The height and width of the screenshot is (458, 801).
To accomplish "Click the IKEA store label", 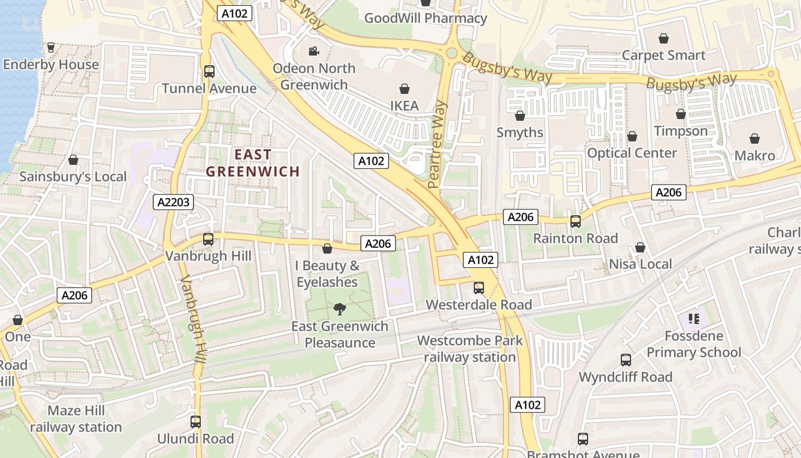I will tap(405, 105).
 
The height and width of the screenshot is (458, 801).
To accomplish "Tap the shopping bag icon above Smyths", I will tap(520, 116).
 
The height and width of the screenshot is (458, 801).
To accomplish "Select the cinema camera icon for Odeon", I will tap(314, 52).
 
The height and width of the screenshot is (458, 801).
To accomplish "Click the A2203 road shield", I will tap(173, 202).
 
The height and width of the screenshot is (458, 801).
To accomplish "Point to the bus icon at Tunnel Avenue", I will tap(209, 72).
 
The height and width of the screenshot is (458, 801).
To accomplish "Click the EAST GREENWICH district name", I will tap(253, 163).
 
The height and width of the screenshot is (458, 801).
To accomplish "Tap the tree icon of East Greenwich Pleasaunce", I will tap(340, 310).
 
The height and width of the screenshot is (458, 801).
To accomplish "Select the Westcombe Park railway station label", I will tap(470, 349).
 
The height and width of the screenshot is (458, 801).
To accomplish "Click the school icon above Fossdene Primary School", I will tap(694, 319).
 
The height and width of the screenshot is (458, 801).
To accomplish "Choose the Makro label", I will tap(755, 156).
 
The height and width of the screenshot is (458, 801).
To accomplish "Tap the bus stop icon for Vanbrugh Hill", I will tap(208, 239).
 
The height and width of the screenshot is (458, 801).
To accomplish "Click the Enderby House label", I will tap(51, 65).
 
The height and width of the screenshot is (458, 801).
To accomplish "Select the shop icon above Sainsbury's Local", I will tap(73, 160).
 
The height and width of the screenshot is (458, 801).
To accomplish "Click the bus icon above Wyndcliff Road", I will tap(626, 360).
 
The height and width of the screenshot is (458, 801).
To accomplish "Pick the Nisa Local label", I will tap(640, 264).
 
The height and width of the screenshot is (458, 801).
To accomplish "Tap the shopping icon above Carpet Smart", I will tap(664, 38).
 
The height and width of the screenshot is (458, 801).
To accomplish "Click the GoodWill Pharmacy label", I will tap(426, 18).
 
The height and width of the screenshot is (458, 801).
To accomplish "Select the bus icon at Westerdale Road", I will tap(479, 288).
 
